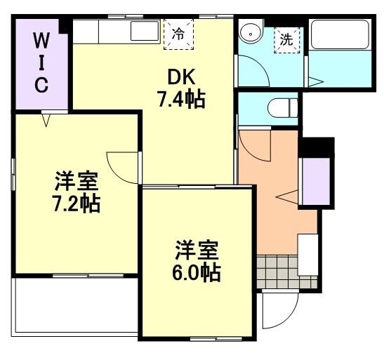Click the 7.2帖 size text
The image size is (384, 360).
click(x=76, y=204)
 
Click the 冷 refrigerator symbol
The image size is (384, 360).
click(x=179, y=34)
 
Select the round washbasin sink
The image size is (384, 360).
click(x=249, y=33)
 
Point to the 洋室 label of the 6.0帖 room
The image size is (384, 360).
click(x=197, y=249)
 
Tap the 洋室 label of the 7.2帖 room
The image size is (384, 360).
click(x=77, y=181)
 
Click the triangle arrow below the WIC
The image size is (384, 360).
click(x=46, y=120)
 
